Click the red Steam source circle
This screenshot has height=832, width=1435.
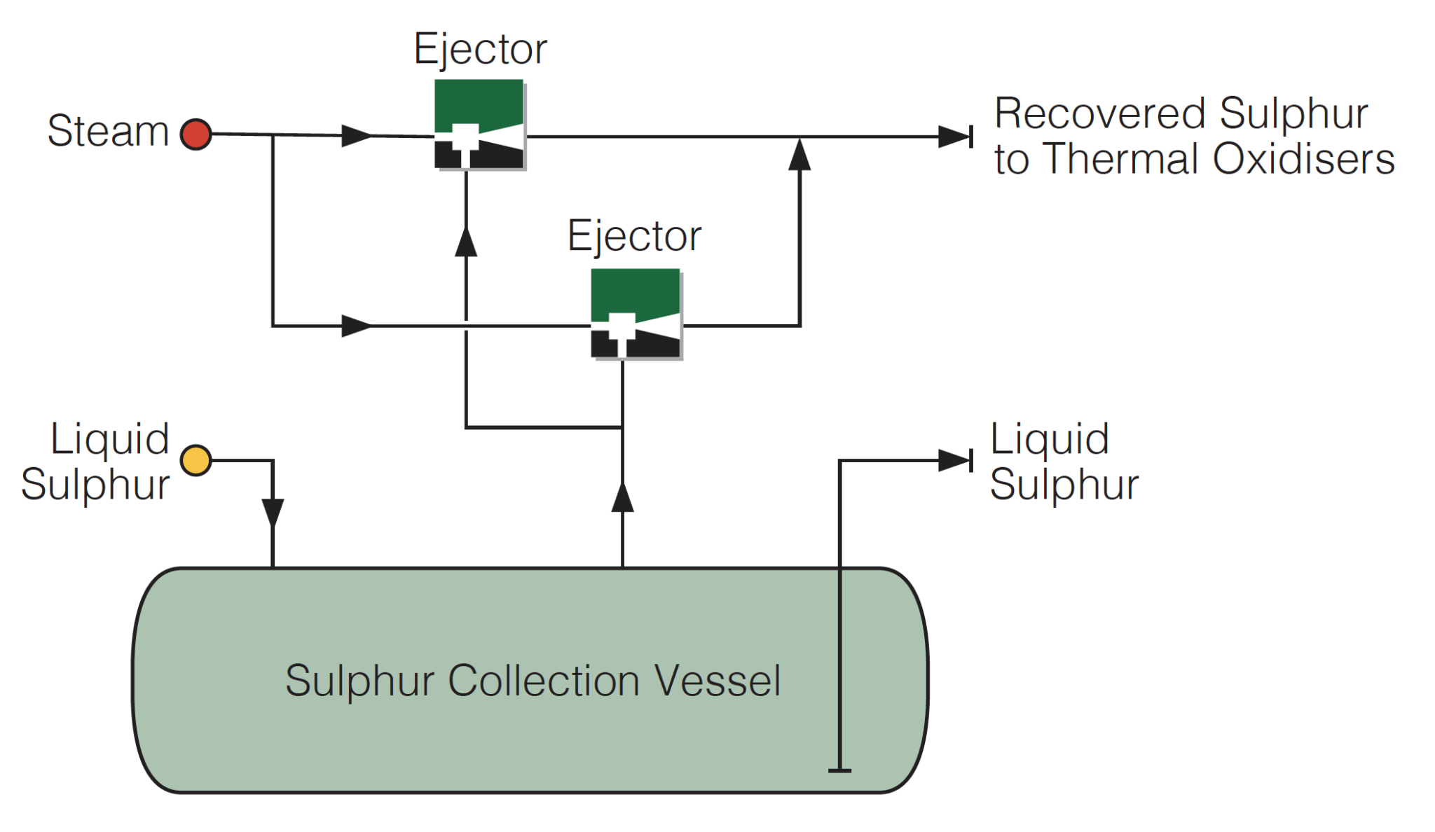[195, 134]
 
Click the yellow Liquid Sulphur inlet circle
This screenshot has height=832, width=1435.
[195, 460]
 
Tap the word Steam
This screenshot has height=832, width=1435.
[108, 131]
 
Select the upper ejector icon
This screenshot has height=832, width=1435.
[479, 124]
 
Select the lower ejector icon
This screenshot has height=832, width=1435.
[636, 314]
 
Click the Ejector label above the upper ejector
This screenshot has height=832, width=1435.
[480, 50]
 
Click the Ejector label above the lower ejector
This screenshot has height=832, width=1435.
[634, 237]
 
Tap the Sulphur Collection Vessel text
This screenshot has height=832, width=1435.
[533, 681]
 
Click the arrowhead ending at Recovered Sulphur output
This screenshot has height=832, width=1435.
[954, 137]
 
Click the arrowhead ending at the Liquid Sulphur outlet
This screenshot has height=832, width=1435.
[954, 460]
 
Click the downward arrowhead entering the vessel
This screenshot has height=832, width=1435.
[273, 512]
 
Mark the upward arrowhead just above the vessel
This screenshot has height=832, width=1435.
[622, 498]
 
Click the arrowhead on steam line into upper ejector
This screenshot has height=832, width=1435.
[356, 135]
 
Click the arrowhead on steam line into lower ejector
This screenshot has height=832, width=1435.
[356, 326]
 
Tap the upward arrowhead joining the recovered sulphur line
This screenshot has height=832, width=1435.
[799, 155]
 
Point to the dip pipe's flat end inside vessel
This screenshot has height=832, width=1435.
[839, 770]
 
